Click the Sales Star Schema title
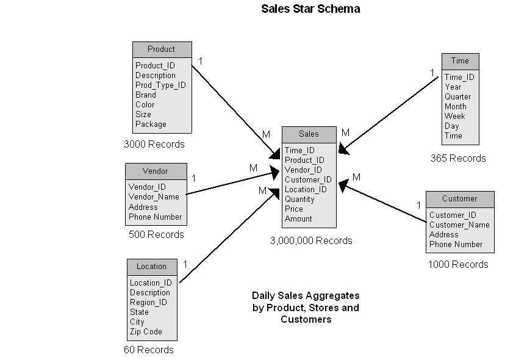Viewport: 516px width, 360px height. pyautogui.click(x=310, y=9)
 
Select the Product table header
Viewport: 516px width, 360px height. pyautogui.click(x=162, y=49)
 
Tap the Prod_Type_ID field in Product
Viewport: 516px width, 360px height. pyautogui.click(x=160, y=85)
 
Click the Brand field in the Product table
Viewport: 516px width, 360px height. pyautogui.click(x=146, y=95)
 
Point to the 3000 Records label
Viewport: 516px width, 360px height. pyautogui.click(x=154, y=145)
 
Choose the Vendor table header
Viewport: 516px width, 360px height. pyautogui.click(x=155, y=171)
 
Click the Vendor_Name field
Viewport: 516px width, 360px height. pyautogui.click(x=154, y=197)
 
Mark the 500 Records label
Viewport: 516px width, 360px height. pyautogui.click(x=156, y=234)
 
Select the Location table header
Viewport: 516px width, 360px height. pyautogui.click(x=151, y=267)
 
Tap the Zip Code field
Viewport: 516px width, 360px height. pyautogui.click(x=146, y=332)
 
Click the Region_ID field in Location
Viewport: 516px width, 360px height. pyautogui.click(x=148, y=303)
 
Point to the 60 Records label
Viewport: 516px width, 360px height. pyautogui.click(x=148, y=350)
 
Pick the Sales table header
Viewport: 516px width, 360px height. pyautogui.click(x=309, y=134)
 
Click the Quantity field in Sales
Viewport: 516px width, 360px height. pyautogui.click(x=299, y=200)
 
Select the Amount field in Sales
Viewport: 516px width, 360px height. pyautogui.click(x=298, y=219)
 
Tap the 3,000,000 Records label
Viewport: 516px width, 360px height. pyautogui.click(x=311, y=241)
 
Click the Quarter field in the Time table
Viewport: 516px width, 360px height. pyautogui.click(x=457, y=97)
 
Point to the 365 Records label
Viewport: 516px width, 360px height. pyautogui.click(x=458, y=159)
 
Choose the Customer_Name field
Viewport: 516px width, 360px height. pyautogui.click(x=459, y=225)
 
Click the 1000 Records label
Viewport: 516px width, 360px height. pyautogui.click(x=458, y=265)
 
